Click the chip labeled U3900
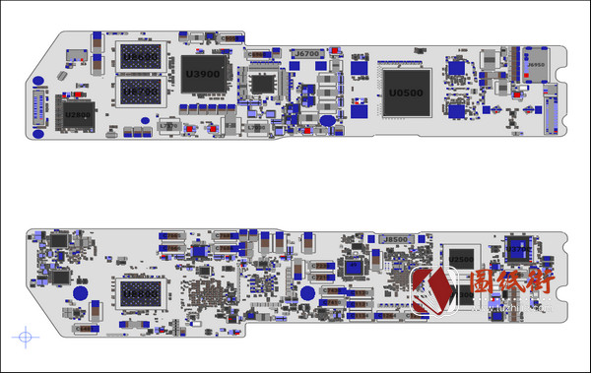point(204,75)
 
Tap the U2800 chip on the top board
point(78,116)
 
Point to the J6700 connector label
point(308,53)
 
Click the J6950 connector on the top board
point(536,66)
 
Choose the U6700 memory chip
point(138,93)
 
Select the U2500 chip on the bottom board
point(460,259)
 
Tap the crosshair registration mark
point(26,337)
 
